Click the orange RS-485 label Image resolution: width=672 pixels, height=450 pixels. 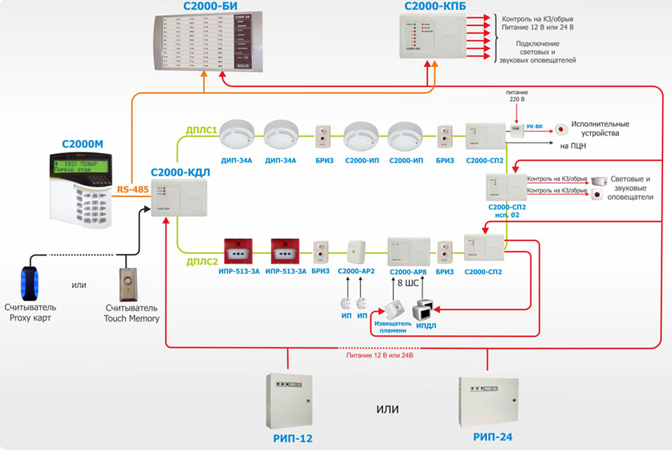[x=132, y=190]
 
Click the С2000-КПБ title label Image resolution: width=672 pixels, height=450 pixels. [x=435, y=6]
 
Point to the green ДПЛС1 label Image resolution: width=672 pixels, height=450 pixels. [x=200, y=131]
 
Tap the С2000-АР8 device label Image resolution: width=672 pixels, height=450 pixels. [x=409, y=271]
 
